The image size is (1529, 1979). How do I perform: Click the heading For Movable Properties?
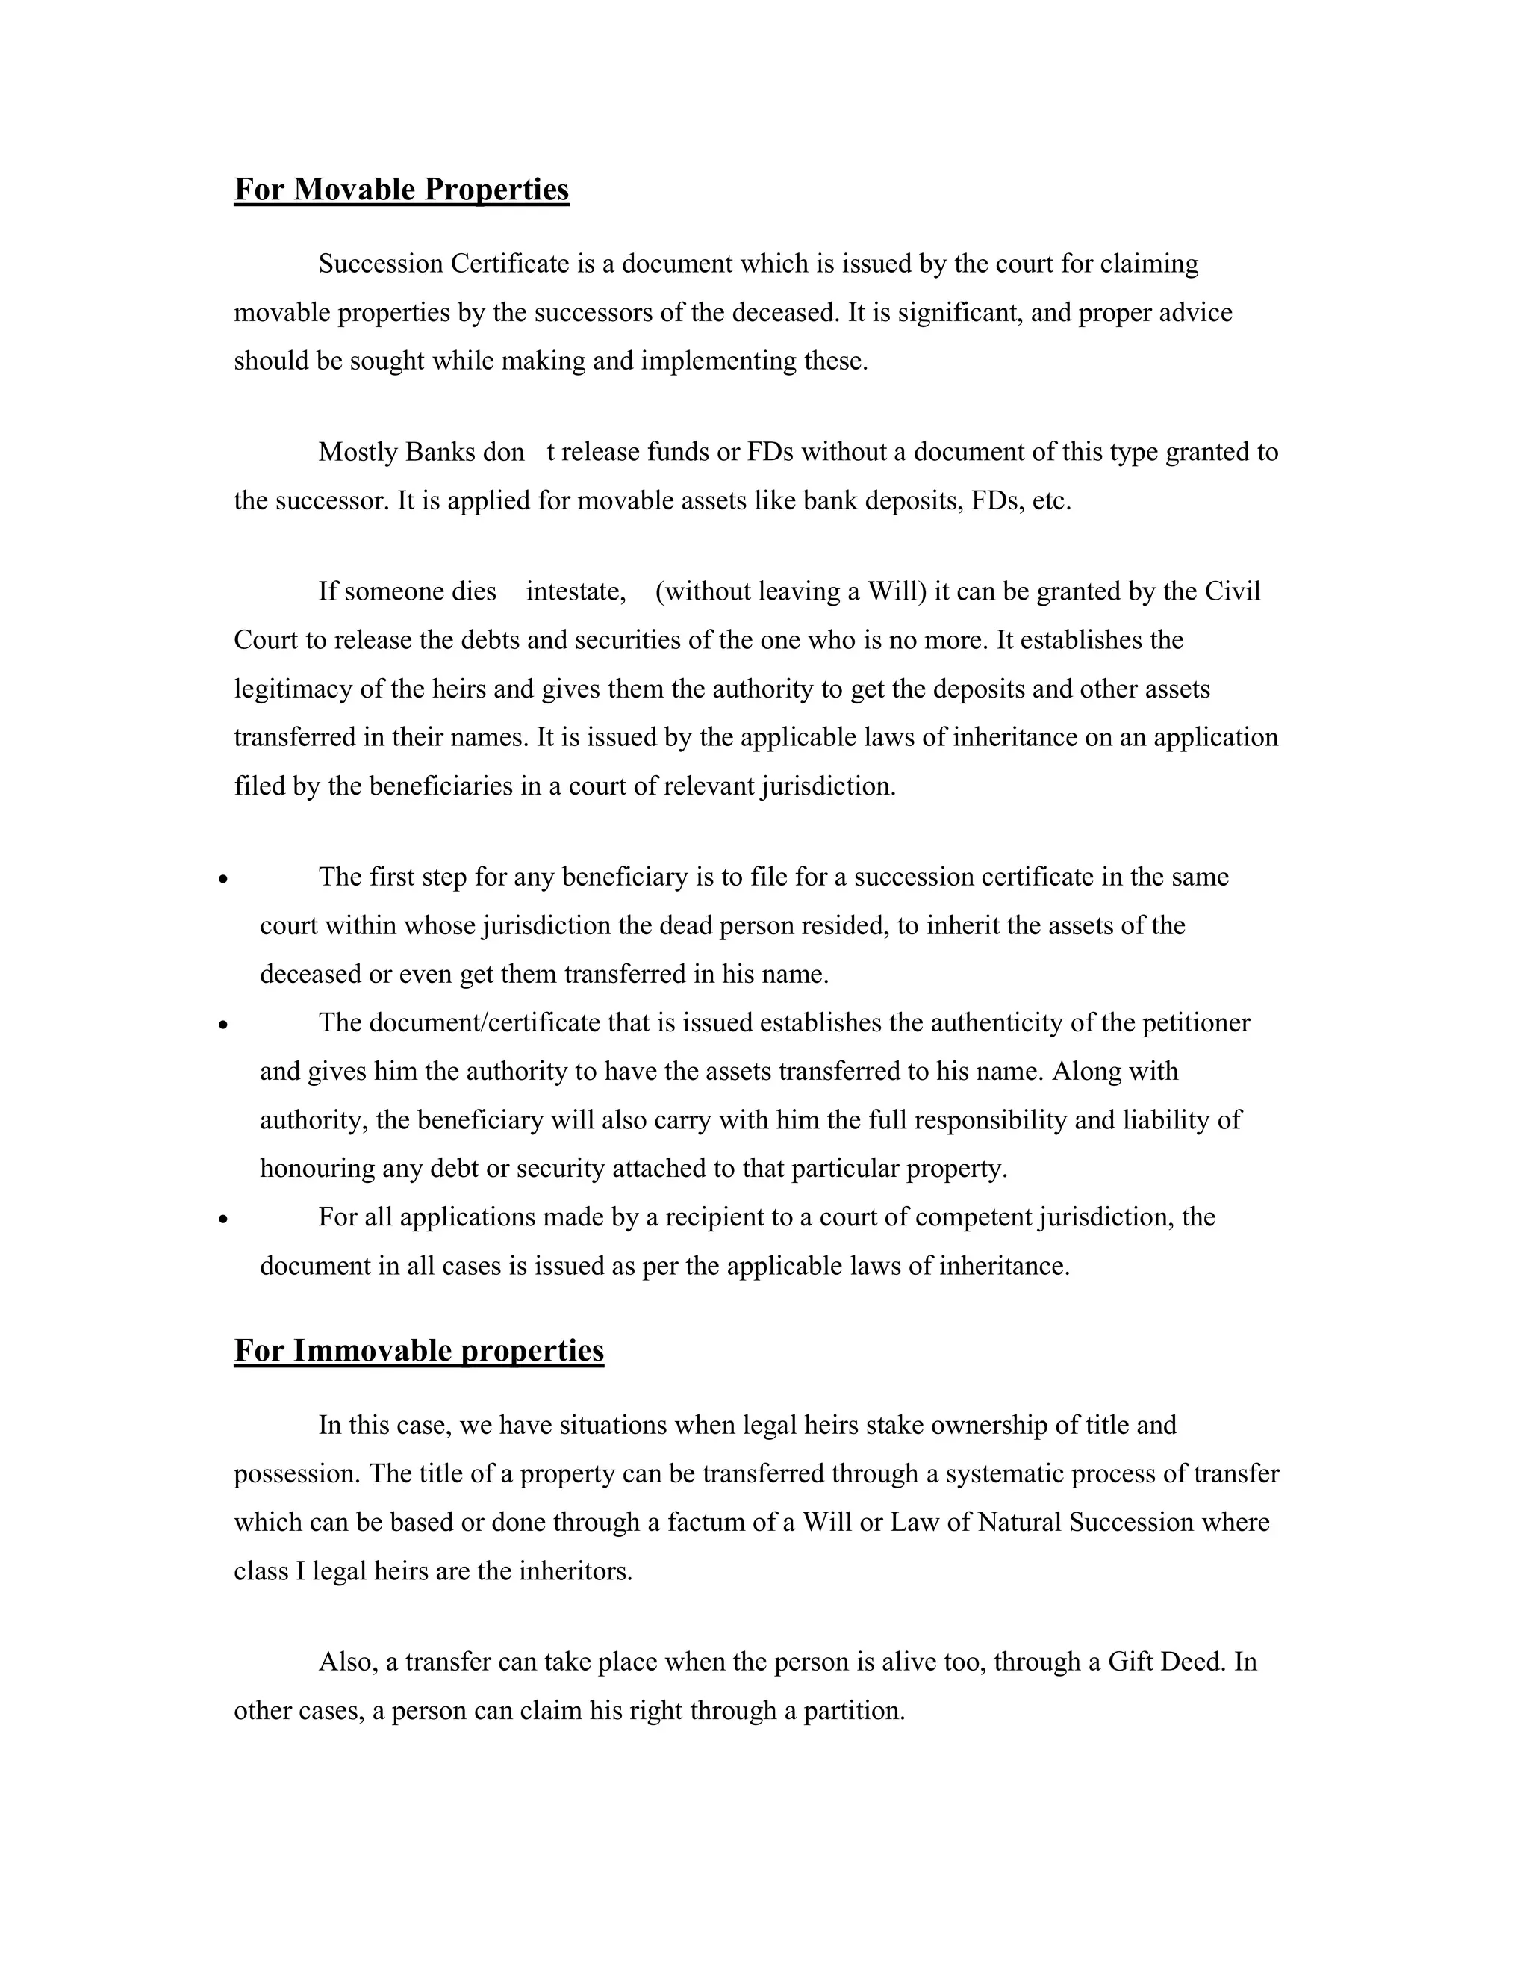(x=401, y=190)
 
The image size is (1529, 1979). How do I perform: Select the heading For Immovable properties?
(x=419, y=1351)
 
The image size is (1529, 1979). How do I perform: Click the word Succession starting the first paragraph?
(x=381, y=264)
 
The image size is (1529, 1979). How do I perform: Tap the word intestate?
(x=576, y=591)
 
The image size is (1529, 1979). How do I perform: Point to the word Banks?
(x=440, y=452)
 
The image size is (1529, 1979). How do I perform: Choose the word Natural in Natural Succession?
(x=1020, y=1522)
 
